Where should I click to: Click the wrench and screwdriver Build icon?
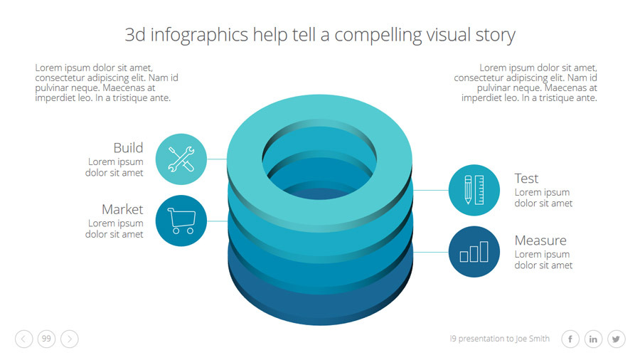click(181, 159)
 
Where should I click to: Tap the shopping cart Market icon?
click(181, 221)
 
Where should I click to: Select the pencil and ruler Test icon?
click(474, 190)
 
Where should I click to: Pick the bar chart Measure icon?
click(474, 251)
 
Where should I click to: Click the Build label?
click(128, 148)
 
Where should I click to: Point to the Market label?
click(122, 209)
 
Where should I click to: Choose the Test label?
click(526, 179)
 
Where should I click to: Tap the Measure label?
click(540, 240)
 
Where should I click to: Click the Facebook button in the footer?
click(570, 339)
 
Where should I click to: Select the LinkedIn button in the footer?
click(593, 339)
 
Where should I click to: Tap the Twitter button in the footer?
click(616, 339)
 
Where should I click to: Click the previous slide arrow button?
click(24, 339)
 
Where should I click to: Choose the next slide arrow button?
click(70, 339)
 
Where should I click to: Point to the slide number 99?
click(47, 339)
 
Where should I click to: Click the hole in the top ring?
click(320, 160)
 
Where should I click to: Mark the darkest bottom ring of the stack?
click(320, 302)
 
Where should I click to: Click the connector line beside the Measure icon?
click(431, 252)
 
